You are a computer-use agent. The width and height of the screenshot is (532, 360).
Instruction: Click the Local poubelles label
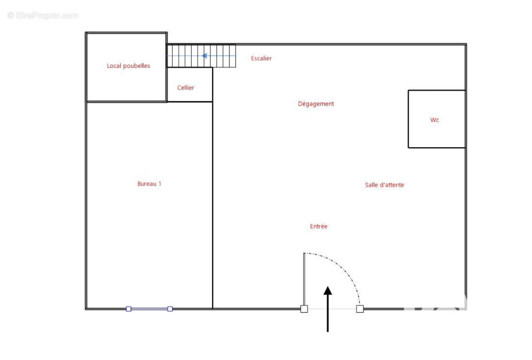(128, 66)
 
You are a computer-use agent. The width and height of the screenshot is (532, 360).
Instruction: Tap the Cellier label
(185, 88)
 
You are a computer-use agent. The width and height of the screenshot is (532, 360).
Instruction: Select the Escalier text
(261, 58)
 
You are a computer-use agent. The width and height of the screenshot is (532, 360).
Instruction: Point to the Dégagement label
(316, 104)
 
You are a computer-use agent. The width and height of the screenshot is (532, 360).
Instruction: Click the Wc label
(435, 120)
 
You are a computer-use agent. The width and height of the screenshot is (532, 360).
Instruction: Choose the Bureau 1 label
(149, 184)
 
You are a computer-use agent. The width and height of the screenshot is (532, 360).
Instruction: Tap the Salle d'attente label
(384, 185)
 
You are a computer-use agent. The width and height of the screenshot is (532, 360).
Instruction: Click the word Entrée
(319, 226)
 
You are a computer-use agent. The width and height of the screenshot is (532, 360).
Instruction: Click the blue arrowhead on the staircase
(204, 56)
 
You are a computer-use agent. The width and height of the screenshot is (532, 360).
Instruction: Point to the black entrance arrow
(328, 309)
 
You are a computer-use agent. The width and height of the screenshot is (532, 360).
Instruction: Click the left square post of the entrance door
(304, 309)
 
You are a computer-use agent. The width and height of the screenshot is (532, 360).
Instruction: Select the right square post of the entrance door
(360, 309)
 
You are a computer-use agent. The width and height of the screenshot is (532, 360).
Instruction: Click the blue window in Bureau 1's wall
(149, 309)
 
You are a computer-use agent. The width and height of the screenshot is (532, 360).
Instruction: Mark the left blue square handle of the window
(129, 309)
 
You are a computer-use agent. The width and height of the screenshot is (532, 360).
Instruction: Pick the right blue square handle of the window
(170, 309)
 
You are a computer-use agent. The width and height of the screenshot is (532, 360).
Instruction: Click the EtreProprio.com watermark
(43, 15)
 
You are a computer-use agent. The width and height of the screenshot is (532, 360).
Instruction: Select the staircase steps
(202, 56)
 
